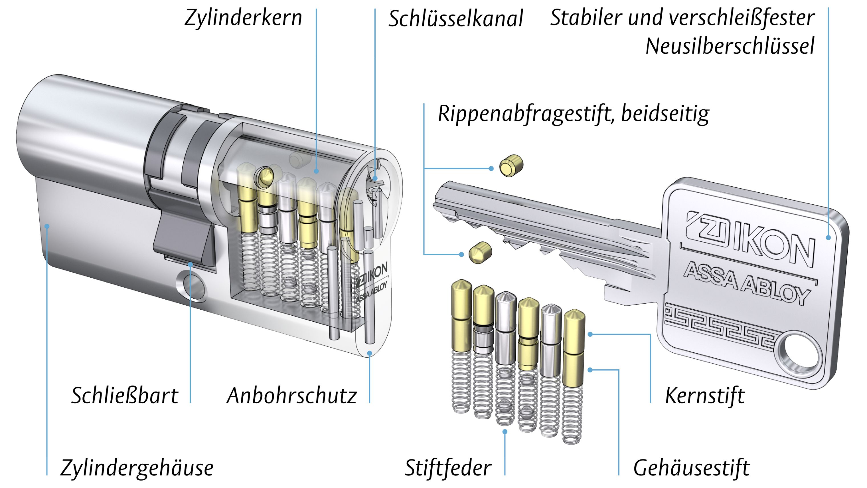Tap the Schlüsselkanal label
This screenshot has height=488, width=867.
pos(456,19)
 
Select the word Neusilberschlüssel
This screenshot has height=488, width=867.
pos(730,46)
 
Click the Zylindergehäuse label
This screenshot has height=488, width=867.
pos(137,468)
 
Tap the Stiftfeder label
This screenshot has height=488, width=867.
pos(448,468)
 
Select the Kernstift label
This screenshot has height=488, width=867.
pos(705,396)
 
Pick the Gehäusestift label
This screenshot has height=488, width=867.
pos(692,468)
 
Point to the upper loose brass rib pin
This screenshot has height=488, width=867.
pos(511,165)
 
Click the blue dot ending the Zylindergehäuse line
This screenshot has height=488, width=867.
pos(47,226)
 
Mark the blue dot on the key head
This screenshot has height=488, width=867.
pos(828,238)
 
